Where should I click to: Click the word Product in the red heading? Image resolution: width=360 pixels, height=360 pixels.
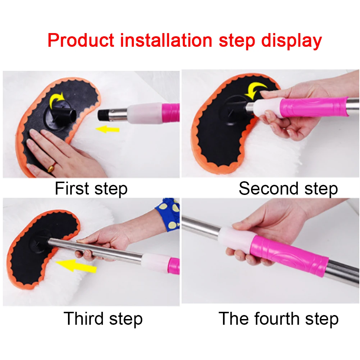click(x=81, y=40)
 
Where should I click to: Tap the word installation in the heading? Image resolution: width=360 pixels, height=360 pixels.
click(x=166, y=40)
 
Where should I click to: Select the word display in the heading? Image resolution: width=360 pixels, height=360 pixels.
click(x=291, y=41)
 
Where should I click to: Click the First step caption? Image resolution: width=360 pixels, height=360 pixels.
click(x=91, y=189)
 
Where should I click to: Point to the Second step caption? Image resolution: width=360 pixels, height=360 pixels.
click(x=288, y=189)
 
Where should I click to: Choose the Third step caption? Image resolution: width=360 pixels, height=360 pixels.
click(x=103, y=319)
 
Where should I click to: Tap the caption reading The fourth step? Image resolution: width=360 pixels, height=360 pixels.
click(x=278, y=319)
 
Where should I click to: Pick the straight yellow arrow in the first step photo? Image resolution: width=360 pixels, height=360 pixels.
click(x=108, y=129)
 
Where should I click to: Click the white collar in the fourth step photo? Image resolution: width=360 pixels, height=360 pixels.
click(x=237, y=239)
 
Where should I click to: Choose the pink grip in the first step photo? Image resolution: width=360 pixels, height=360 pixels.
click(x=171, y=113)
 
